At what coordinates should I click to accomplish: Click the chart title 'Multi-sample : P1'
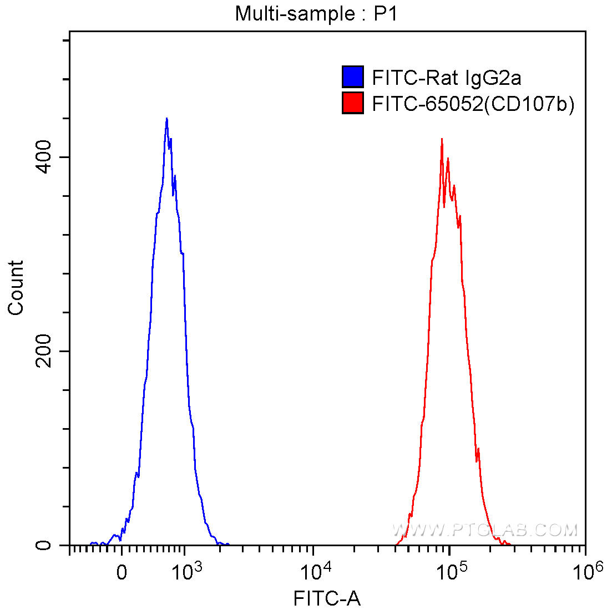tap(316, 13)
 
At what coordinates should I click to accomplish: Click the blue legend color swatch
tap(352, 77)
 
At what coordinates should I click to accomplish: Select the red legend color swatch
tap(352, 103)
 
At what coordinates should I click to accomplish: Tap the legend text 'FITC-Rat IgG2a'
tap(447, 78)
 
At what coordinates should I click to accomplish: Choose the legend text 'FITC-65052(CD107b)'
tap(473, 104)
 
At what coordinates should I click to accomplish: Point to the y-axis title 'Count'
tap(16, 288)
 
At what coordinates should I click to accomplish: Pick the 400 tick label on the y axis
tap(44, 157)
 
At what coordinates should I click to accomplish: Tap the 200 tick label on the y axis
tap(44, 351)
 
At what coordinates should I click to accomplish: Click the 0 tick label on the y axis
tap(44, 545)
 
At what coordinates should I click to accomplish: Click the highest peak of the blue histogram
tap(166, 119)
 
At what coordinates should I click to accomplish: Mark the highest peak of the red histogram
tap(442, 139)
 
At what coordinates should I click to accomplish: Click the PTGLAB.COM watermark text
tap(485, 531)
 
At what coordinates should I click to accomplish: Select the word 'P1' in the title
tap(385, 13)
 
